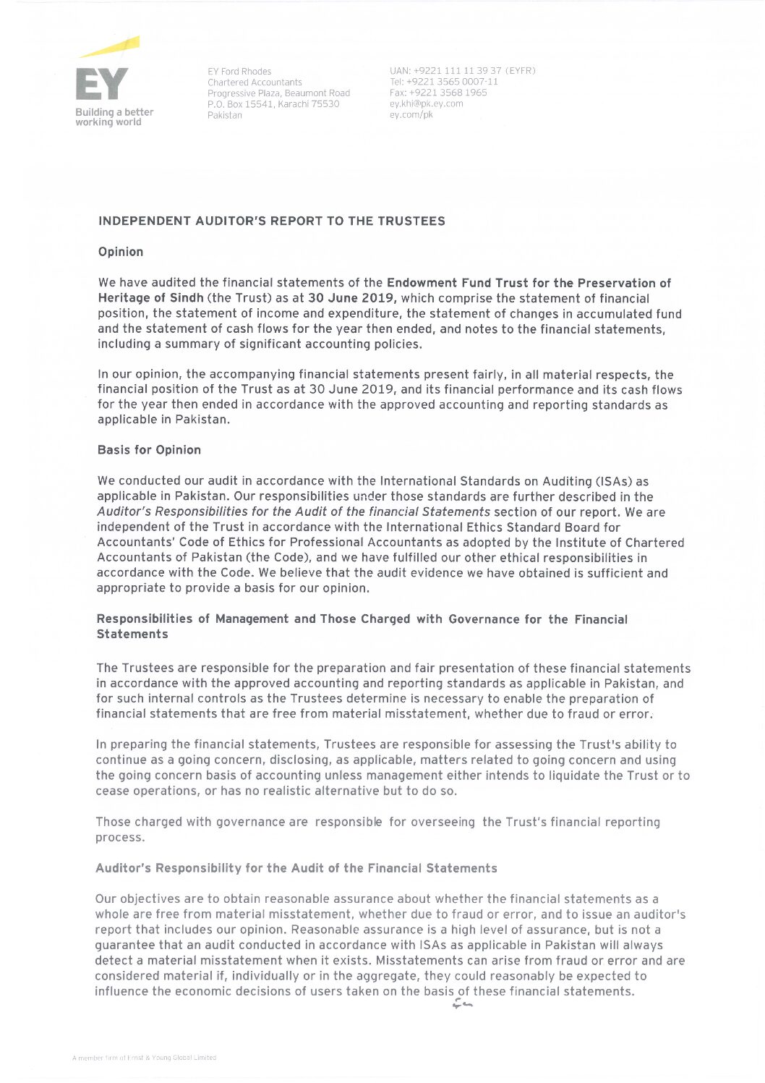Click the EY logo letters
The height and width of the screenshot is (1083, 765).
coord(101,85)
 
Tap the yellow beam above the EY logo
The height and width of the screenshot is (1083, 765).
coord(110,47)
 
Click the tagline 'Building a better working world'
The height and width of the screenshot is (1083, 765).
coord(114,117)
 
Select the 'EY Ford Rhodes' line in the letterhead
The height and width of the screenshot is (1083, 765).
coord(239,72)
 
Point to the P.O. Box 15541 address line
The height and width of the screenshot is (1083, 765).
coord(273,104)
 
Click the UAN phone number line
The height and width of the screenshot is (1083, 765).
coord(462,71)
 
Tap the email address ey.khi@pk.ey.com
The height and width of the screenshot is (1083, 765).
coord(426,103)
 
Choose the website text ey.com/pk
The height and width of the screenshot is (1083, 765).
coord(411,114)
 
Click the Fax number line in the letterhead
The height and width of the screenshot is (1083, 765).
coord(438,93)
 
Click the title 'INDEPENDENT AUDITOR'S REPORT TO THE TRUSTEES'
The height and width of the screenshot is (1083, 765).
coord(272,221)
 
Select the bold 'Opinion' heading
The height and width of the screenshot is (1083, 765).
coord(121,252)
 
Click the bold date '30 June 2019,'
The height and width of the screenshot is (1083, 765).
coord(352,298)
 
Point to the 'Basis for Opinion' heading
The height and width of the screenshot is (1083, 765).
coord(149,450)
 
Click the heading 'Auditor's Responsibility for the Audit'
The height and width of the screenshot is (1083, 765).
coord(296,868)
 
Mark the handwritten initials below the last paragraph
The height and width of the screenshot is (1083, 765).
coord(462,1004)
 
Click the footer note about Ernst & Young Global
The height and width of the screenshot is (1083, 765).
coord(144,1058)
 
